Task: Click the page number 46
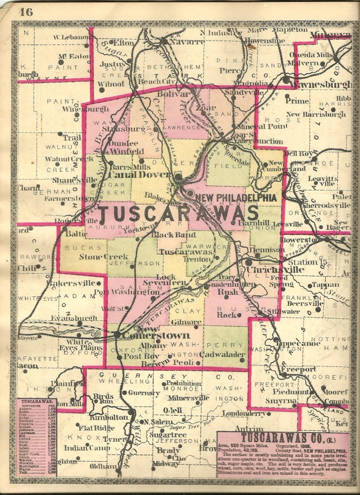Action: click(x=26, y=12)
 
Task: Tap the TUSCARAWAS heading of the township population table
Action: click(x=37, y=401)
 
